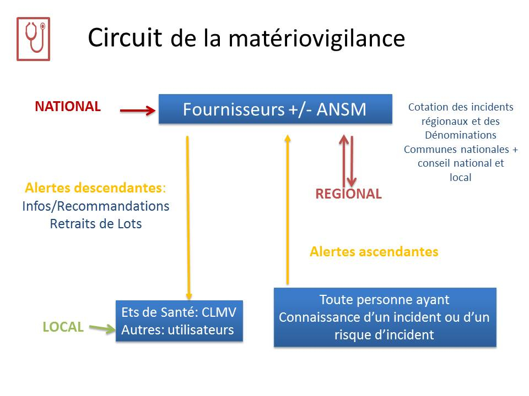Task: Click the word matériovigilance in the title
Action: coord(317,38)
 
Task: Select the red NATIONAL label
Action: coord(68,106)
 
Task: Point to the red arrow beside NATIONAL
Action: coord(138,110)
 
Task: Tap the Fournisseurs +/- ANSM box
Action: coord(276,109)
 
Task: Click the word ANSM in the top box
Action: coord(341,109)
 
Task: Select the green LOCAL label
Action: coord(63,327)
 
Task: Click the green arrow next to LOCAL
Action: coord(102,328)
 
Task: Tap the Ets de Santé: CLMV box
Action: coord(179,321)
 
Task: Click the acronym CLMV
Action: coord(219,312)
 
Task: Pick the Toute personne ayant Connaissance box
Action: coord(385,317)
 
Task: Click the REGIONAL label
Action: coord(348,194)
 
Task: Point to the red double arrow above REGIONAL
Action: coord(348,161)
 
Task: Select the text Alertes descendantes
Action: coord(95,188)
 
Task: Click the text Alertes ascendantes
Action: coord(374,251)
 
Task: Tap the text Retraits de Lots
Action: coord(96,224)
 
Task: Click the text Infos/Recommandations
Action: coord(96,206)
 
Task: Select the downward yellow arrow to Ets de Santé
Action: coord(188,218)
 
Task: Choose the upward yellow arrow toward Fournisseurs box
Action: coord(288,210)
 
